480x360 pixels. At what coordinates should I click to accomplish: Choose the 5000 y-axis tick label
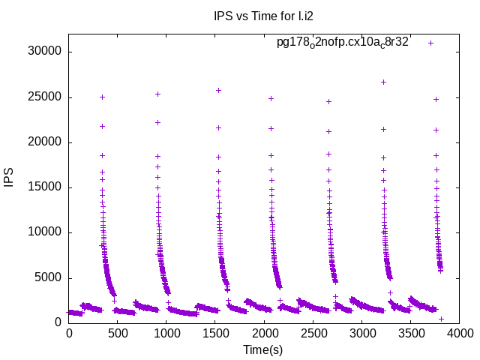pos(49,278)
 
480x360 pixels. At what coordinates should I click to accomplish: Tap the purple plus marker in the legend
pos(430,43)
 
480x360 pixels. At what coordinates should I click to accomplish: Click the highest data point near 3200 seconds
pos(383,82)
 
